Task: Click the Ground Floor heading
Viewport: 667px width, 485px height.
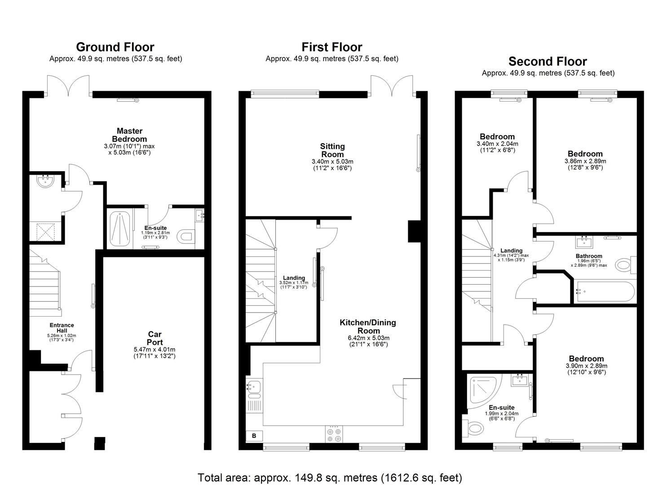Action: [115, 47]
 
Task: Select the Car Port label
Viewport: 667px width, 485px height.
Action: [155, 338]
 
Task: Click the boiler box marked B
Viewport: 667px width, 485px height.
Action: [254, 435]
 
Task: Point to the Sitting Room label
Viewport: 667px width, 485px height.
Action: [332, 150]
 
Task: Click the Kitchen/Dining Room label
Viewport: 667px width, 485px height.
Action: [367, 326]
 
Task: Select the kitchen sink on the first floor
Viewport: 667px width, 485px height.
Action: [254, 386]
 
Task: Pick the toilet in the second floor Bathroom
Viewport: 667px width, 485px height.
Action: [625, 265]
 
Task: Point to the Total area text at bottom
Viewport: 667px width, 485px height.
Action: [330, 477]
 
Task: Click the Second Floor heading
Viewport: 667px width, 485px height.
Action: [547, 62]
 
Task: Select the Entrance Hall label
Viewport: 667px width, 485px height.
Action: [62, 328]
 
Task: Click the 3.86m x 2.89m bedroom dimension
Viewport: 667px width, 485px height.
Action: [585, 161]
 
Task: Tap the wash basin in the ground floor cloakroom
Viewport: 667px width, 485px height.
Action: [45, 181]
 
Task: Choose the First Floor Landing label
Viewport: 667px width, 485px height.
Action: [294, 278]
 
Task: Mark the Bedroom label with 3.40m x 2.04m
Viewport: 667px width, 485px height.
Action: [497, 137]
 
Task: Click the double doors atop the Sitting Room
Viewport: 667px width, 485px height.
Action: [393, 85]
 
